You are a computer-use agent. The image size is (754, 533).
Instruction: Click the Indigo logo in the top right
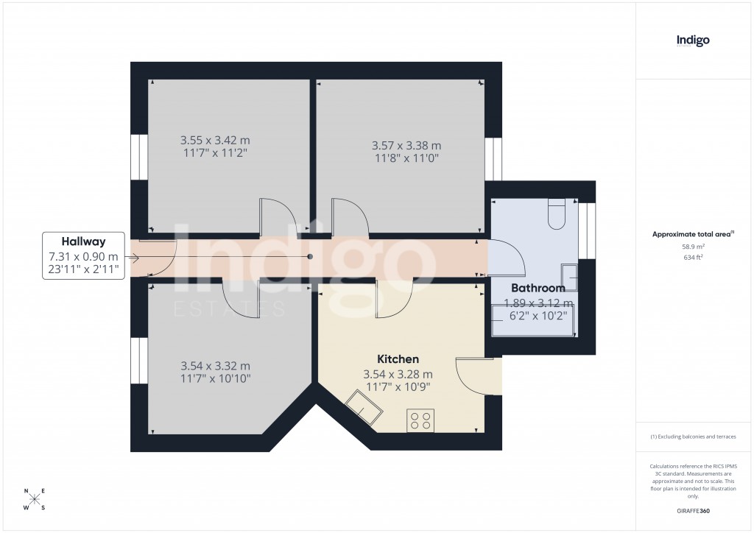tap(693, 40)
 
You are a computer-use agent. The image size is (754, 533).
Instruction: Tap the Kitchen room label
tap(398, 359)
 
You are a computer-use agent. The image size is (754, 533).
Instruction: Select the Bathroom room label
tap(538, 289)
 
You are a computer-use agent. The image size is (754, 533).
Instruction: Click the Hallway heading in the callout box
tap(83, 241)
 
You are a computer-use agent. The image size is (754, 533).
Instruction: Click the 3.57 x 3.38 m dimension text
tap(406, 145)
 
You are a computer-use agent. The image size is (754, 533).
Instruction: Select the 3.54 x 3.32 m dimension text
tap(216, 366)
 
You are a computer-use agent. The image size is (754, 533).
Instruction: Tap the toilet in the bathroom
tap(557, 213)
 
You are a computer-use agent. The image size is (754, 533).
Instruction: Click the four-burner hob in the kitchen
tap(420, 420)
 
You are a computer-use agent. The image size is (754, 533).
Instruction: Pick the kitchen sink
tap(364, 406)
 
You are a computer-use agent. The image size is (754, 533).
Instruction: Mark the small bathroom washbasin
tap(569, 277)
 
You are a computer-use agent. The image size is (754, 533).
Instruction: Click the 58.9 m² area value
tap(693, 247)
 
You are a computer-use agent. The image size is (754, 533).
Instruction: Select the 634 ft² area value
tap(693, 258)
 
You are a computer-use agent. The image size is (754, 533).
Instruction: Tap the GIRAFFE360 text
tap(693, 511)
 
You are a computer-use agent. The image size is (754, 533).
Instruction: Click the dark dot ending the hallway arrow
tap(310, 257)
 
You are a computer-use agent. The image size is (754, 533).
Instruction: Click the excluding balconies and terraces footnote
tap(693, 437)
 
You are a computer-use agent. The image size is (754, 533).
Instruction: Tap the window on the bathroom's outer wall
tap(587, 230)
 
